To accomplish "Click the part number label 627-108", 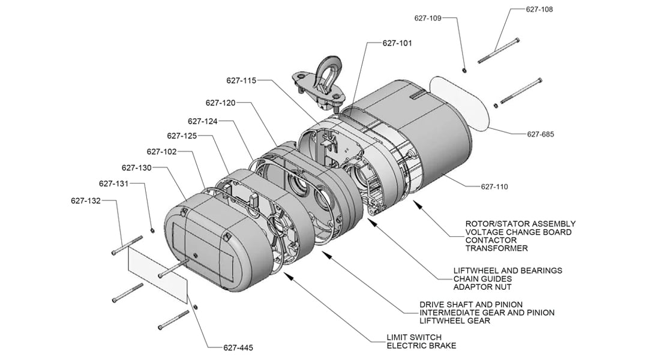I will click(539, 10).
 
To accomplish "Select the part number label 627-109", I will click(427, 18).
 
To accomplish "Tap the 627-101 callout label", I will click(397, 43).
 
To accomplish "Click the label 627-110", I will click(494, 187).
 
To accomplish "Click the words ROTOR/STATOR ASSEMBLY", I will click(520, 224).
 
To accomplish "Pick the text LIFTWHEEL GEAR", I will click(455, 321).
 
